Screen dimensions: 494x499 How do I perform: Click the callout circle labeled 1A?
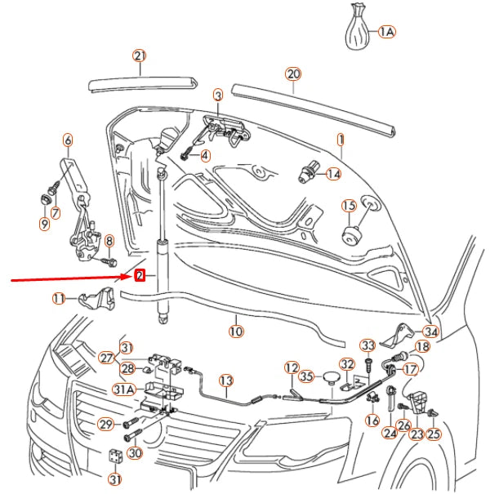[x=386, y=32]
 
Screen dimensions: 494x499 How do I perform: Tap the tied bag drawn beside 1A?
[x=357, y=31]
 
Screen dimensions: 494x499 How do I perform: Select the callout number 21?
[x=140, y=56]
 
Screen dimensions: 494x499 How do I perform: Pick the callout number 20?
[x=293, y=74]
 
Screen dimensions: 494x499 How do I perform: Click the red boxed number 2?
[x=140, y=276]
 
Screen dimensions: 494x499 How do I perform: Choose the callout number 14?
[x=333, y=174]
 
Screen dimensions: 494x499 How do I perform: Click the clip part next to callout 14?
[x=309, y=172]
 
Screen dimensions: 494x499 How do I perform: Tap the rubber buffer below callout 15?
[x=351, y=235]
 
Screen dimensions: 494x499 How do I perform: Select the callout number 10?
[x=236, y=332]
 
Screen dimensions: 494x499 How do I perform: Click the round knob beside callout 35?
[x=329, y=376]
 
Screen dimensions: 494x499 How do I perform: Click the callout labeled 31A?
[x=123, y=389]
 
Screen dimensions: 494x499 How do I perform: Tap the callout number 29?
[x=105, y=424]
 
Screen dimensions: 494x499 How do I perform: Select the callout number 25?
[x=433, y=434]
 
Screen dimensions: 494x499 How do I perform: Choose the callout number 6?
[x=67, y=140]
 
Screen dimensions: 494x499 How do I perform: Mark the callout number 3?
[x=218, y=96]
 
